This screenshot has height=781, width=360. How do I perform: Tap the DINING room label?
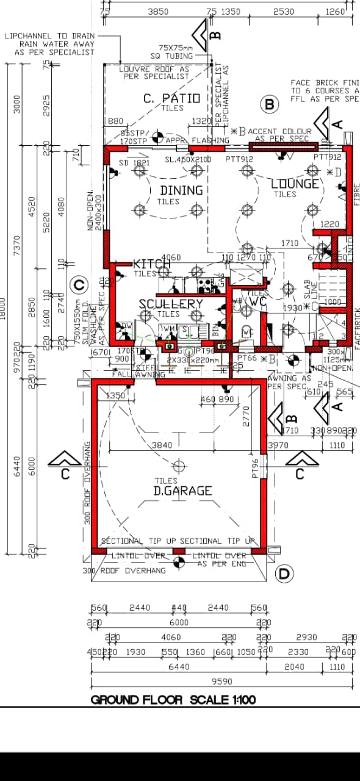click(x=181, y=190)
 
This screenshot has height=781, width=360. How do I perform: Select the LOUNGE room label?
click(x=295, y=184)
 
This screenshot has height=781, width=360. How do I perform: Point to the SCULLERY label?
click(x=170, y=304)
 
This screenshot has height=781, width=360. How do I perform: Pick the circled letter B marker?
click(x=269, y=104)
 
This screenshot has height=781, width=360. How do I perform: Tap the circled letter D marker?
click(x=284, y=574)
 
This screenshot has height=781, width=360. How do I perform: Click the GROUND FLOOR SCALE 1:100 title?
click(x=173, y=699)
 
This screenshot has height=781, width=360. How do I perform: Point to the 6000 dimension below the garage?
click(x=179, y=622)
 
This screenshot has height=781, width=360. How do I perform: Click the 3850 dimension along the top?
click(x=158, y=11)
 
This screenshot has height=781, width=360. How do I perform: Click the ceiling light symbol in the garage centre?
click(x=179, y=467)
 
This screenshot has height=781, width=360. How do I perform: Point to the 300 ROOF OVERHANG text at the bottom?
click(x=124, y=570)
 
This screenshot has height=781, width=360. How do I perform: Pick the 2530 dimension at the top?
click(x=284, y=11)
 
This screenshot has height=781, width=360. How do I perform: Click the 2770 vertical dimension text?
click(x=247, y=417)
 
